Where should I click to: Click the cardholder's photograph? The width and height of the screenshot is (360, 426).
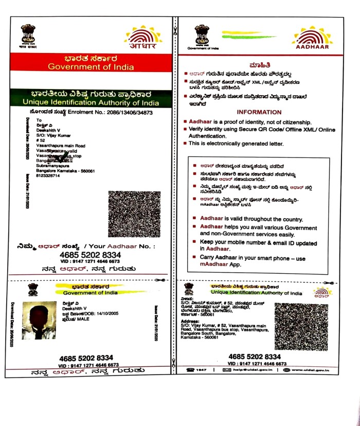click(x=39, y=319)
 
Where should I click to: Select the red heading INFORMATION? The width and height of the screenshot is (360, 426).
click(x=259, y=112)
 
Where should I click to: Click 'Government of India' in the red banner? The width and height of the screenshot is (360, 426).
click(x=90, y=67)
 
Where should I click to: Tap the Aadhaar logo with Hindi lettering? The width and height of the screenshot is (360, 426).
click(x=142, y=37)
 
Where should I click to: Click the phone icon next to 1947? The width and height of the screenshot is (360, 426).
click(x=190, y=370)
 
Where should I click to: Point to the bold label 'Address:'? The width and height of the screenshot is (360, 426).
click(x=190, y=320)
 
